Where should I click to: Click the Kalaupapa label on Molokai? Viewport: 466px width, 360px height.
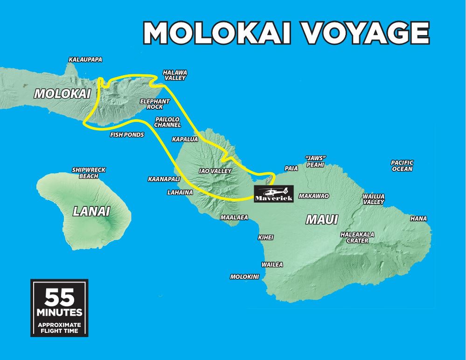click(x=85, y=60)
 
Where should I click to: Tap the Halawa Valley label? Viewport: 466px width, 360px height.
click(x=175, y=75)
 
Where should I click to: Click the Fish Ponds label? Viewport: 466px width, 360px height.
click(x=127, y=134)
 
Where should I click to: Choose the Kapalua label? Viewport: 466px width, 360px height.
click(x=185, y=139)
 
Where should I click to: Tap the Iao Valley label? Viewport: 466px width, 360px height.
click(x=215, y=171)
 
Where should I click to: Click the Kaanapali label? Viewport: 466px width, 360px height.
click(x=164, y=179)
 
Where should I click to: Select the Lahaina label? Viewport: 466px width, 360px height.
click(x=180, y=192)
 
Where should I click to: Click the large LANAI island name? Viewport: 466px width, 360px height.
click(x=91, y=212)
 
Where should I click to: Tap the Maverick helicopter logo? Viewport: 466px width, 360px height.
click(x=274, y=194)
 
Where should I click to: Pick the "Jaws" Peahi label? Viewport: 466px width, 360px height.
click(x=315, y=162)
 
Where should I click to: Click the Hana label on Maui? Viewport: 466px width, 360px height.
click(x=418, y=219)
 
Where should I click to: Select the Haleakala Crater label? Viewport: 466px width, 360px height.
click(x=357, y=238)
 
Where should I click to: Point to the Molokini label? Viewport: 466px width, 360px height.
click(x=244, y=277)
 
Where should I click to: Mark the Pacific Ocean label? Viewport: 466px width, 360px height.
click(x=402, y=166)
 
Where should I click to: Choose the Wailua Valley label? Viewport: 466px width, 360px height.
click(x=374, y=199)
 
